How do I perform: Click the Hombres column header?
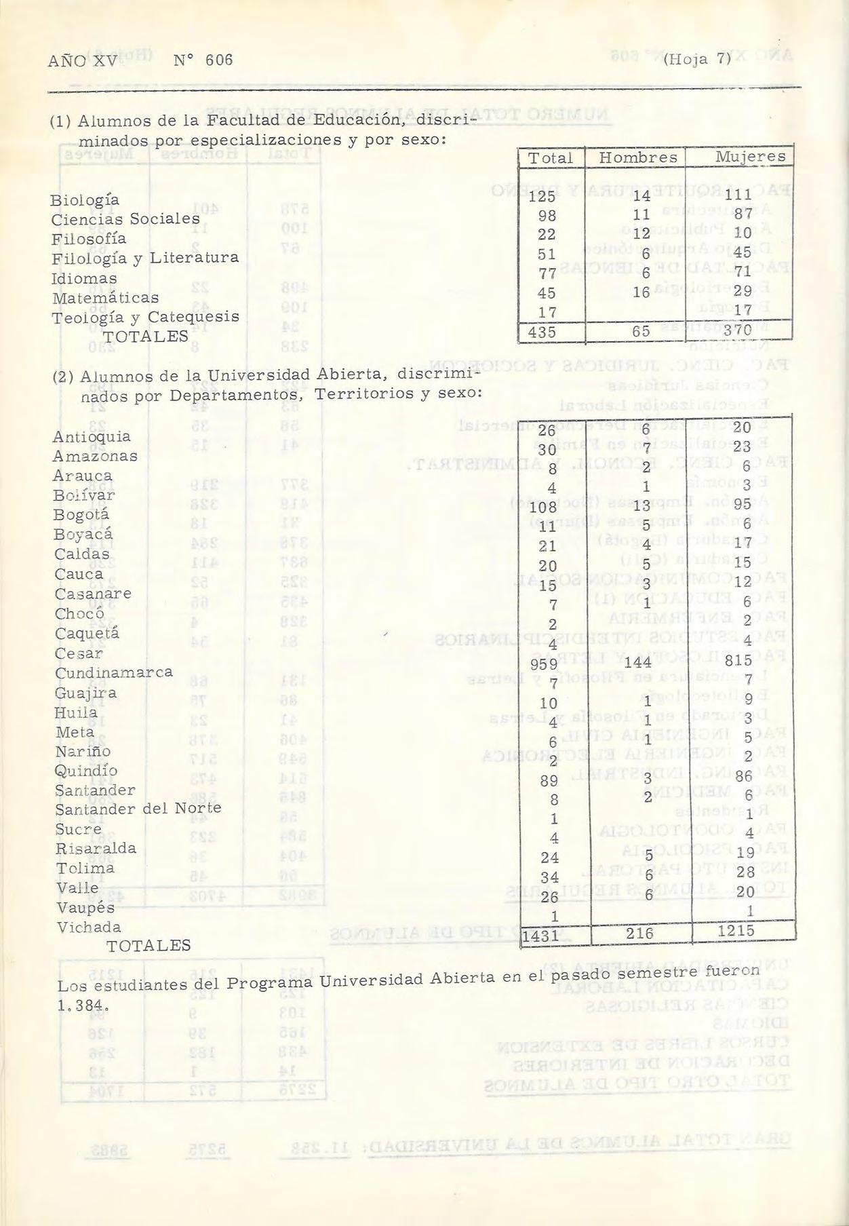(x=638, y=158)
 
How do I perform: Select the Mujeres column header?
(x=751, y=157)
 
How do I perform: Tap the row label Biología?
(x=85, y=201)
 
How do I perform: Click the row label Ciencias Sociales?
(x=125, y=220)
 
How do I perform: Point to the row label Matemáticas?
(x=105, y=298)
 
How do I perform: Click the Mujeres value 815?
(x=738, y=660)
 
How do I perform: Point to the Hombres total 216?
(x=639, y=934)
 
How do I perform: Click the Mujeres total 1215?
(x=736, y=931)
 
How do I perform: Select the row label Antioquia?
(x=92, y=437)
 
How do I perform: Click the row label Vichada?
(x=89, y=927)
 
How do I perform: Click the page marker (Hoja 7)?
(x=698, y=60)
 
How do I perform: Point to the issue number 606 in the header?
(x=219, y=60)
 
